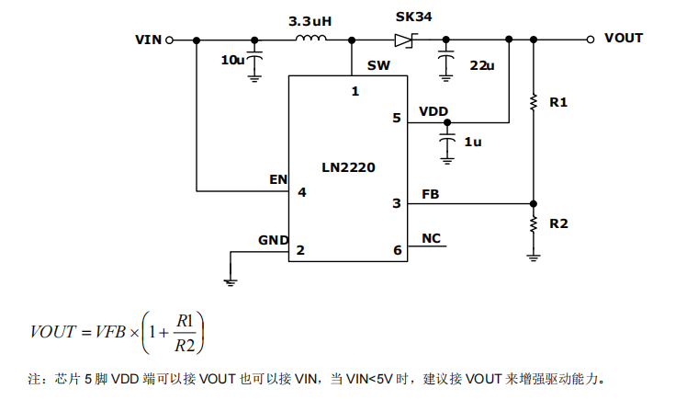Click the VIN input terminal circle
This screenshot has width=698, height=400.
tap(169, 40)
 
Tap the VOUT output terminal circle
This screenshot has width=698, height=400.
tap(591, 40)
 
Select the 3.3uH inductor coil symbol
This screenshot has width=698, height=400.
tap(310, 39)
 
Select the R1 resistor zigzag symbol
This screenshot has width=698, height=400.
tap(534, 102)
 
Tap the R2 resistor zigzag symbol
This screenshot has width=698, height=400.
tap(534, 224)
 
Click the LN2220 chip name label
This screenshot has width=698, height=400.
tap(349, 167)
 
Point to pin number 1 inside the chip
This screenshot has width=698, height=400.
tap(355, 91)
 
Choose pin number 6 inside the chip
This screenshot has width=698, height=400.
tap(398, 250)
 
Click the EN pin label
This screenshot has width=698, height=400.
tap(278, 179)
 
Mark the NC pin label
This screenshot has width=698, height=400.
tap(431, 238)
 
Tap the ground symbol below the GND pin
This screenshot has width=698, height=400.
tap(231, 282)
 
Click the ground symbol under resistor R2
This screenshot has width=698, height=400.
tap(534, 257)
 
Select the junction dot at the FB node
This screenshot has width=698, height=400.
tap(534, 204)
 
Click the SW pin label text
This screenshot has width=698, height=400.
tap(378, 65)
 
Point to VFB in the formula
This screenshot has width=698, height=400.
tap(110, 332)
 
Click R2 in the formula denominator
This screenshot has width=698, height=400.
tap(185, 346)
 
